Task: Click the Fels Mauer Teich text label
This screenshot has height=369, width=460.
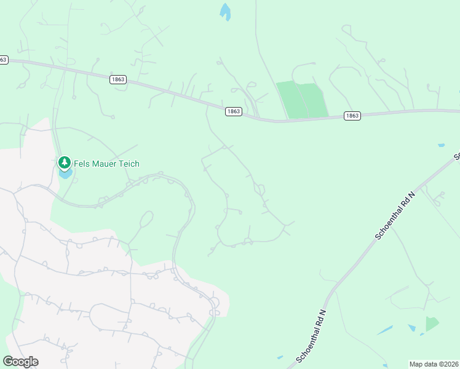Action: [107, 164]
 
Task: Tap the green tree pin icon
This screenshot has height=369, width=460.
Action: [64, 163]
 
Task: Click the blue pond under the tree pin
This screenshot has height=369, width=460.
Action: [65, 174]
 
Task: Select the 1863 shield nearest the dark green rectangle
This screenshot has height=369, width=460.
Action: [352, 116]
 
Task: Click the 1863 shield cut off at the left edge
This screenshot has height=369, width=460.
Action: [3, 60]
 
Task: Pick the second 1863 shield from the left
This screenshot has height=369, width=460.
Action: [118, 79]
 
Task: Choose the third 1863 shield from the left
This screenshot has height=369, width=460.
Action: [233, 111]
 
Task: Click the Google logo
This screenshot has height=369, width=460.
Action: [20, 362]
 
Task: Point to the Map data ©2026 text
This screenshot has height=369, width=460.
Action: [433, 364]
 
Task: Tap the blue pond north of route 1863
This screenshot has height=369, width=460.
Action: [225, 12]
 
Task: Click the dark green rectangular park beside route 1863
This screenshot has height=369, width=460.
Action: [302, 100]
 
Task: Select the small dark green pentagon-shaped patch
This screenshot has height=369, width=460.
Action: [432, 323]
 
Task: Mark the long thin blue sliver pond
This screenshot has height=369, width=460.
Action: [386, 330]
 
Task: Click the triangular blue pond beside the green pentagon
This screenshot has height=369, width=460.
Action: [411, 328]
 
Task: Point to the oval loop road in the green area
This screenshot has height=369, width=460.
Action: [146, 220]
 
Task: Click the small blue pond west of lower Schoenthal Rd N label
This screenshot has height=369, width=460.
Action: [280, 357]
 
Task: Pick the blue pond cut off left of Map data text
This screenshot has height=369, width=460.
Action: [386, 365]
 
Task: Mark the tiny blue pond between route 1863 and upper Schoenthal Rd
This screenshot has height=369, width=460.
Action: [441, 146]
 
